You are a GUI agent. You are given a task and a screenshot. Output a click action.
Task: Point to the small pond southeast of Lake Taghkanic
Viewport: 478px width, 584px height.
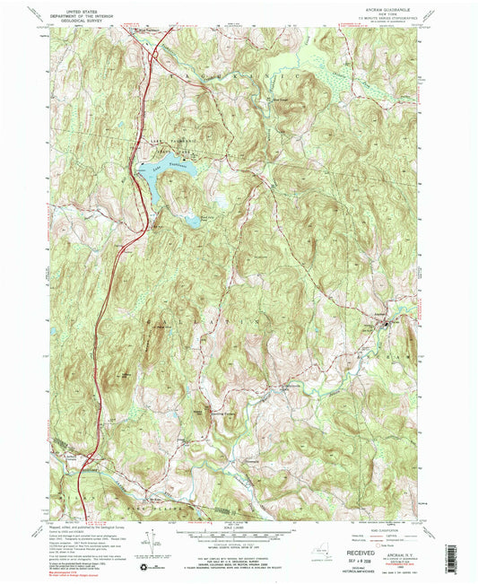(x=191, y=220)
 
